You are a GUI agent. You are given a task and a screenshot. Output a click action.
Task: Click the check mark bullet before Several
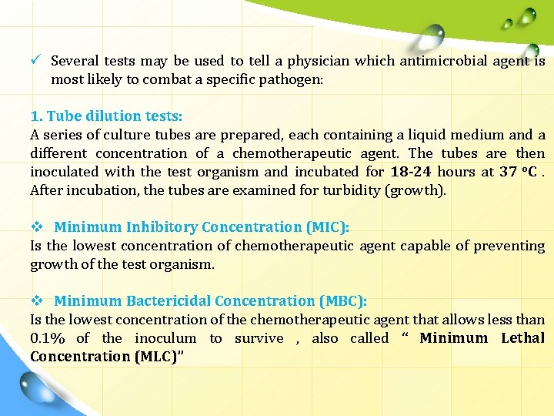[35, 60]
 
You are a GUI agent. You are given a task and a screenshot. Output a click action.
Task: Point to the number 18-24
[410, 172]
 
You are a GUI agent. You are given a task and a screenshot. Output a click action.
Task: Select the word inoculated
[65, 172]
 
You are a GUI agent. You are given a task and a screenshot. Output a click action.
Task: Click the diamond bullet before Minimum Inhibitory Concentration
[35, 227]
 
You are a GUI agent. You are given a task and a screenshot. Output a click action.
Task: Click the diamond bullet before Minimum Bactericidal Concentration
[35, 301]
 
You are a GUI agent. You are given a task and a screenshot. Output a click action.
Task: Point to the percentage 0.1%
[48, 338]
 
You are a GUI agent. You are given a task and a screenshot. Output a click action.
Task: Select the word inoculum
[165, 338]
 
